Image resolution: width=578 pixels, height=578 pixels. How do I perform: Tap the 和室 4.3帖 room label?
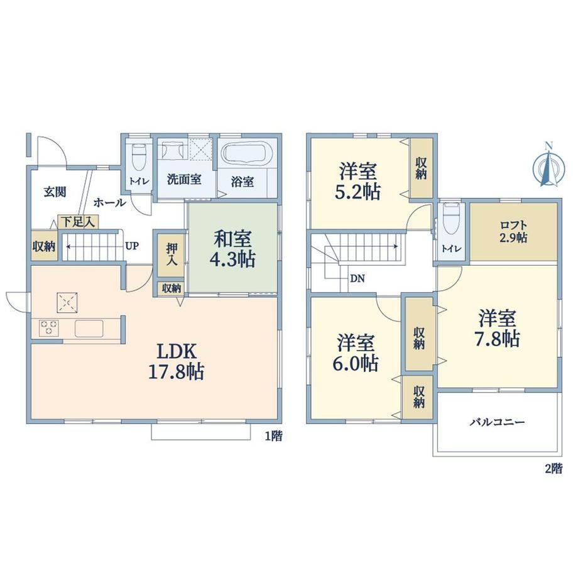(232, 249)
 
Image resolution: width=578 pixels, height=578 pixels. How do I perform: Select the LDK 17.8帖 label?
(176, 361)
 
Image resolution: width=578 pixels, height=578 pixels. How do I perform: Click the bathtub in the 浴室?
(248, 153)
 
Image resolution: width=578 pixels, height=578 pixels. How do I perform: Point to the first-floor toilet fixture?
(139, 156)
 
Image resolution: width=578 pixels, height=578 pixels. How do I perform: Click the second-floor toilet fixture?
(450, 219)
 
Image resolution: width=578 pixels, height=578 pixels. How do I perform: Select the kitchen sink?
(89, 329)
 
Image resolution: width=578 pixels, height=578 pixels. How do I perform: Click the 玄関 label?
(55, 192)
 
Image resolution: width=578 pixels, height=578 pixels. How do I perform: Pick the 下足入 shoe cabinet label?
(78, 222)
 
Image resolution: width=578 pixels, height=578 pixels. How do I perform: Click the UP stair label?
(132, 246)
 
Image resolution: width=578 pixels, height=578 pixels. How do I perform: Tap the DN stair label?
(357, 279)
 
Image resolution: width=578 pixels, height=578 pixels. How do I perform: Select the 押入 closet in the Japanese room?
(171, 254)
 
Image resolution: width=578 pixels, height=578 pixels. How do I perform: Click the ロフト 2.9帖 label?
(513, 231)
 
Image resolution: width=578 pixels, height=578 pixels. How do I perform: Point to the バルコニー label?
(497, 422)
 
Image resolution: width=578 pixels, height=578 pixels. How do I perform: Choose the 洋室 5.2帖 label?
(358, 182)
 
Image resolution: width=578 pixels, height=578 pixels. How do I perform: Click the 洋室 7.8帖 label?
(498, 329)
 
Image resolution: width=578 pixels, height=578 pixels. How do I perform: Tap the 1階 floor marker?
(273, 436)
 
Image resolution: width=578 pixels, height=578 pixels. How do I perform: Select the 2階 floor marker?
(553, 469)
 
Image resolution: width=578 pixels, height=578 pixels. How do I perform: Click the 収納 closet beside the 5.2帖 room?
(422, 168)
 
